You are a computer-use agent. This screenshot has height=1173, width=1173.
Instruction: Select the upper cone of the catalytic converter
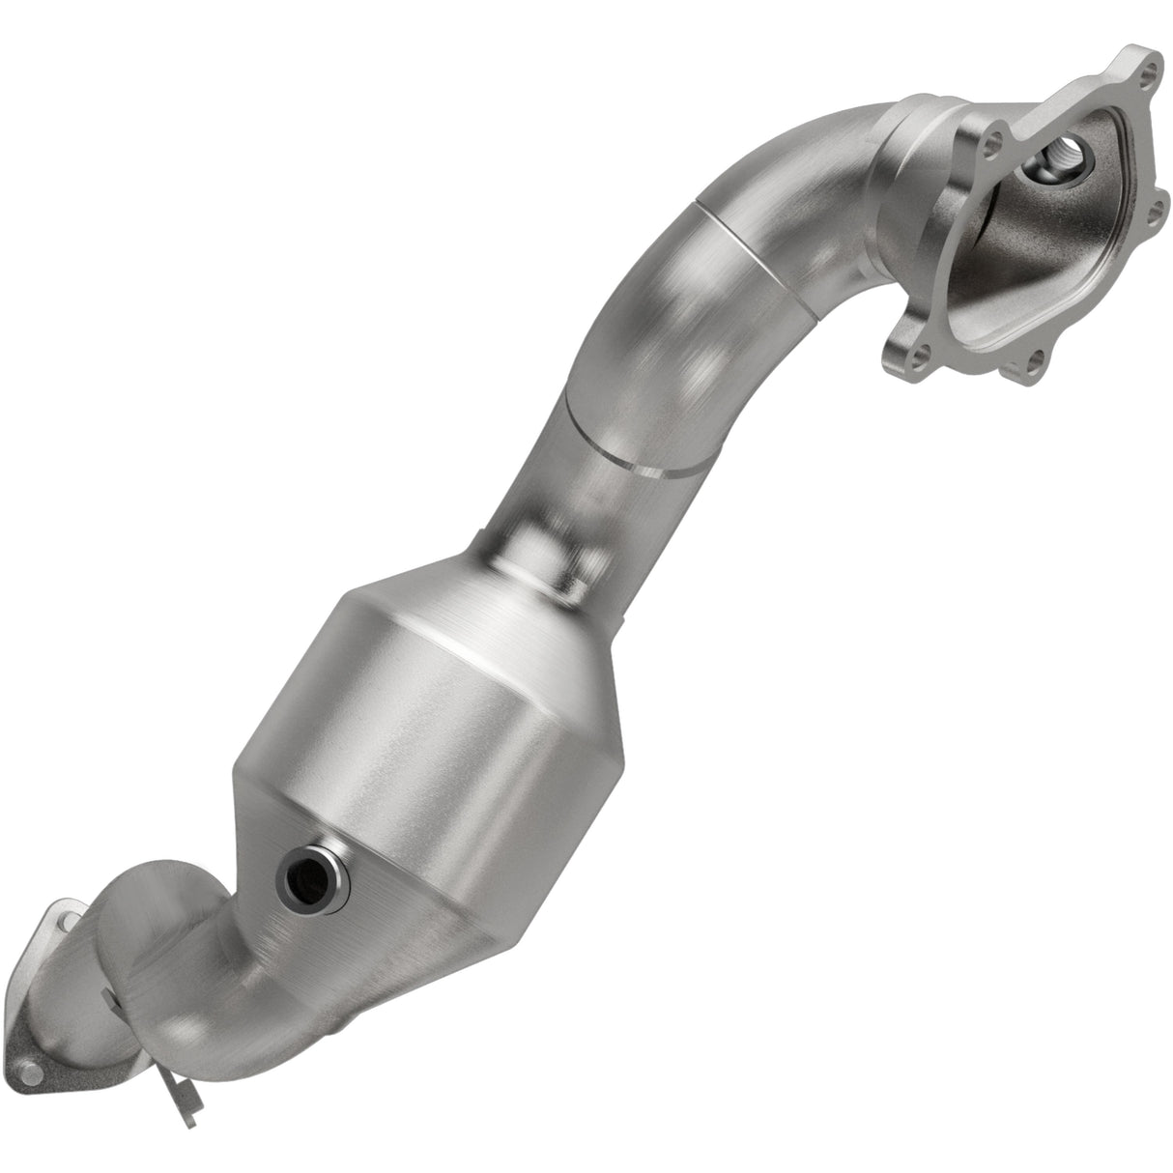[x=502, y=599]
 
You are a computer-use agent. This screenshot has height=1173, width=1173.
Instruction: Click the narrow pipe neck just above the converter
[x=551, y=527]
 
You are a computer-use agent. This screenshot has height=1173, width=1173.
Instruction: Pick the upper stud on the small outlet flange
[x=60, y=923]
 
